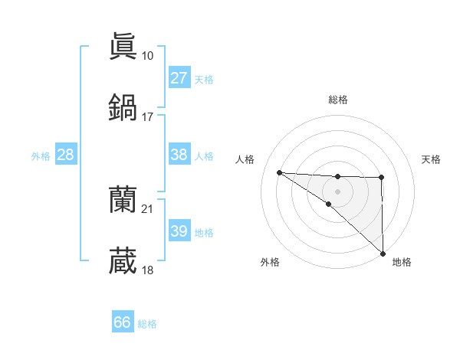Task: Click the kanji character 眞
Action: pos(123,47)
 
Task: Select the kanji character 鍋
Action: pos(123,108)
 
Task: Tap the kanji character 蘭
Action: pos(123,201)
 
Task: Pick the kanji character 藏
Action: pos(123,261)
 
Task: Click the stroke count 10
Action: pos(147,56)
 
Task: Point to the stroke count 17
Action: pos(147,117)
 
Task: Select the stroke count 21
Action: pos(147,209)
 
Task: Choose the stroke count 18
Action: pos(147,270)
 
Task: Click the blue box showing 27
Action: pos(179,78)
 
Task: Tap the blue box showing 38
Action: pos(179,155)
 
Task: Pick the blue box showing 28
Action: pos(66,155)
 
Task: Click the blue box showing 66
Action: pos(123,322)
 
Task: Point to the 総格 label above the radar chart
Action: pos(337,100)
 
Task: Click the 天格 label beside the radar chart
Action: pos(431,159)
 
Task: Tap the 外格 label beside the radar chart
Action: pos(270,262)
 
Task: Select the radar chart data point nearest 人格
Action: pos(279,172)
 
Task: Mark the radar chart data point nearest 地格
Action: pos(382,254)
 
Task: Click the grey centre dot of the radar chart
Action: pos(337,191)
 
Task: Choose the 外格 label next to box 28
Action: pos(41,155)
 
